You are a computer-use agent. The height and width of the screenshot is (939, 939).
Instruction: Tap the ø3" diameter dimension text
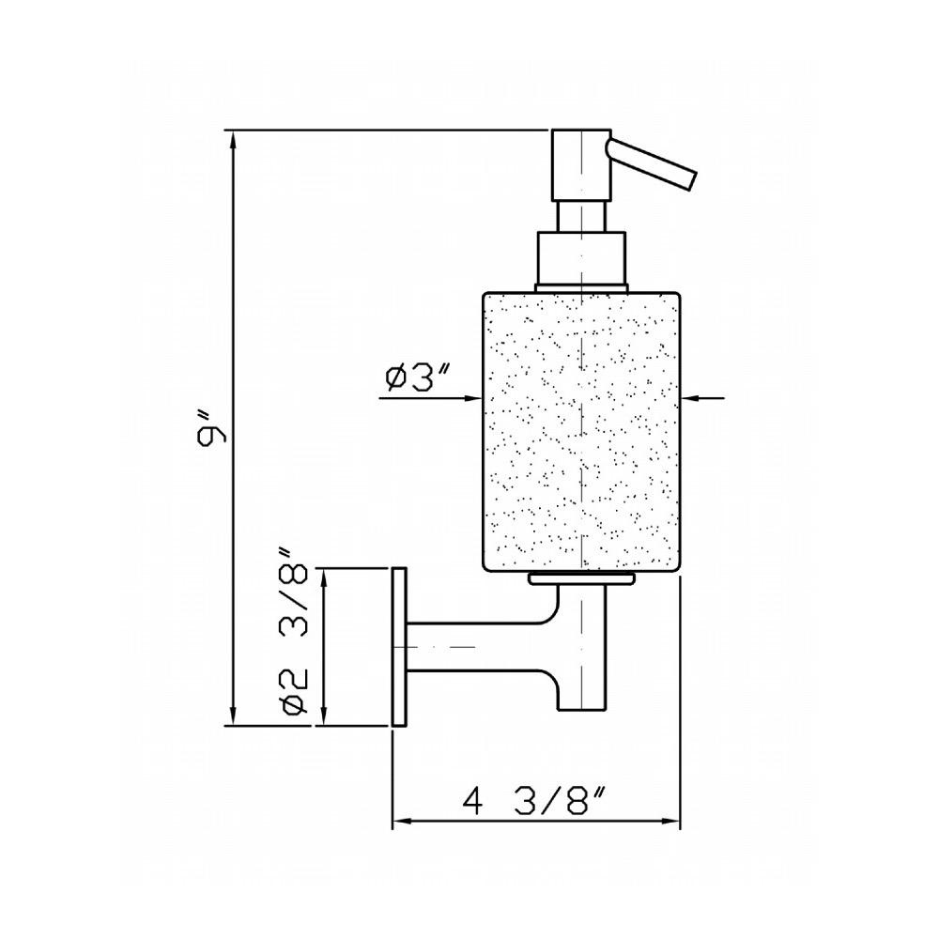coord(418,377)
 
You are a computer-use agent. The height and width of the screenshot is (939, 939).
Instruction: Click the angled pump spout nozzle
coord(652,164)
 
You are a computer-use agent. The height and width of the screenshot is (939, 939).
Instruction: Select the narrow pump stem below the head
coord(581,216)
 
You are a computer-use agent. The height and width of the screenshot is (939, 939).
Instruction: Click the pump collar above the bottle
coord(581,257)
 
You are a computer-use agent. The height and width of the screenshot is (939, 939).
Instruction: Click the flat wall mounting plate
coord(399,647)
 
